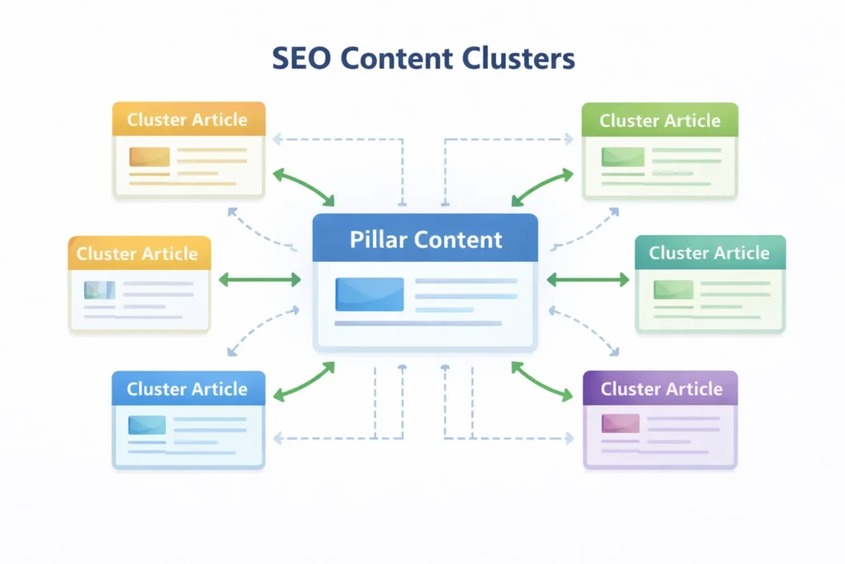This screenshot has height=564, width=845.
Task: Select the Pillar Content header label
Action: (x=426, y=239)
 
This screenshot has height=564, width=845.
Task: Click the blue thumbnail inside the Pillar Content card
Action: (x=369, y=294)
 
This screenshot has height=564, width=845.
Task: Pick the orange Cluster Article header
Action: (x=187, y=120)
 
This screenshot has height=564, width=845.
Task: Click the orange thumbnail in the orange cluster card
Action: (x=149, y=157)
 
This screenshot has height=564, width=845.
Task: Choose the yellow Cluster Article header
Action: (x=138, y=254)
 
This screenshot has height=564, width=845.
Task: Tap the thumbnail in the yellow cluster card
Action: (x=99, y=289)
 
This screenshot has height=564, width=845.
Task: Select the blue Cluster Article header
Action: (x=187, y=389)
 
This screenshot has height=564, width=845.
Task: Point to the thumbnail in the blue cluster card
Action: (x=147, y=424)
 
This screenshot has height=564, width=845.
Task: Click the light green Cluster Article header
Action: (x=660, y=121)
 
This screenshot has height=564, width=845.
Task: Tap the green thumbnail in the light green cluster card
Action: (x=622, y=157)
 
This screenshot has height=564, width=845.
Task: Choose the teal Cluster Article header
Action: (x=710, y=254)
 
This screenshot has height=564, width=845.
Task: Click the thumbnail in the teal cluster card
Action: (x=673, y=289)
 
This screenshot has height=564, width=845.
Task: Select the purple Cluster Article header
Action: (x=661, y=389)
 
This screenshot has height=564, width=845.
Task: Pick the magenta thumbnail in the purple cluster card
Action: (x=621, y=424)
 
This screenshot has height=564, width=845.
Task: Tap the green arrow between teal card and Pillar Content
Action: (x=588, y=281)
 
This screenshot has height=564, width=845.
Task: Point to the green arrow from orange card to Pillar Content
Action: (x=303, y=187)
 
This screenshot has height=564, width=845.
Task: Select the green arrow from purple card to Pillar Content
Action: (x=542, y=382)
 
